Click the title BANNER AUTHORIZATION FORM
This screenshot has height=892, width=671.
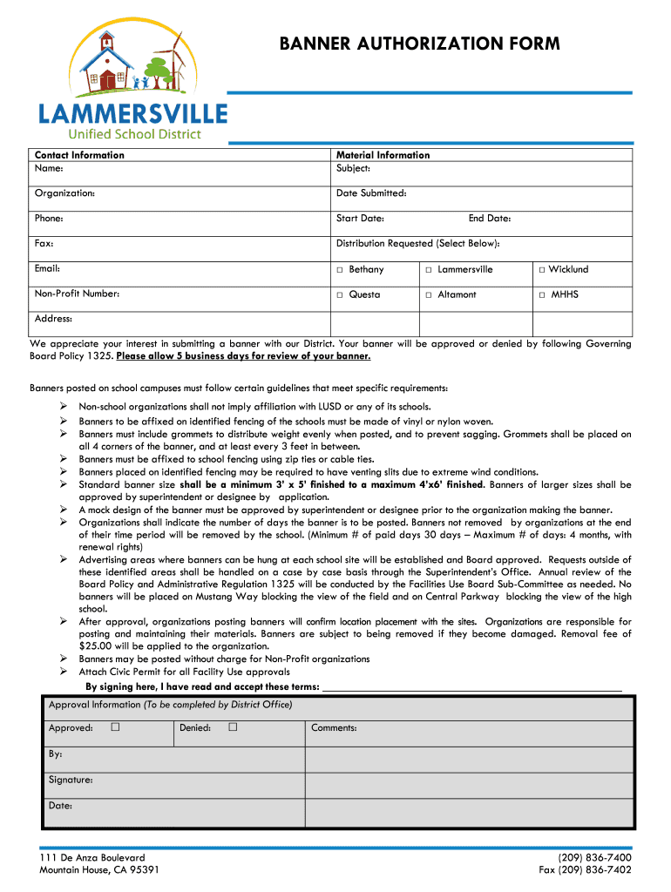pyautogui.click(x=419, y=44)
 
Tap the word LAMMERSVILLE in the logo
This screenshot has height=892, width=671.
pyautogui.click(x=132, y=113)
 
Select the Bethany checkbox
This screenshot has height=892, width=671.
pyautogui.click(x=340, y=270)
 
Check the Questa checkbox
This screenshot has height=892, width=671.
pyautogui.click(x=340, y=295)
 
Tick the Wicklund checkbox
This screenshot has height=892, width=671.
pyautogui.click(x=541, y=270)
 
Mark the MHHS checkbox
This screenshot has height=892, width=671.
pyautogui.click(x=541, y=295)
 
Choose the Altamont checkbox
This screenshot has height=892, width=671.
pyautogui.click(x=429, y=295)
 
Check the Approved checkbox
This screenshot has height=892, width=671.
pyautogui.click(x=115, y=727)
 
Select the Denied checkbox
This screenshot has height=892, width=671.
pyautogui.click(x=233, y=727)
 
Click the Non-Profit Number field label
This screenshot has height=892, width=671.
pyautogui.click(x=77, y=294)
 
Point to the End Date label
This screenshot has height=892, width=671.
pyautogui.click(x=489, y=219)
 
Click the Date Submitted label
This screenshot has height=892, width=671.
pyautogui.click(x=371, y=193)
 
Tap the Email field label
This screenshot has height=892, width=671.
pyautogui.click(x=47, y=269)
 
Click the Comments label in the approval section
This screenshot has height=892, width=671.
pyautogui.click(x=334, y=728)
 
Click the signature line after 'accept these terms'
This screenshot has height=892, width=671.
pyautogui.click(x=471, y=686)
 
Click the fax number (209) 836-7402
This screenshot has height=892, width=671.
pyautogui.click(x=585, y=869)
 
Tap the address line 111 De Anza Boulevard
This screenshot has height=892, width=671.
pyautogui.click(x=92, y=858)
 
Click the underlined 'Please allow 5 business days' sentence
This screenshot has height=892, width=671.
pyautogui.click(x=243, y=356)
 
